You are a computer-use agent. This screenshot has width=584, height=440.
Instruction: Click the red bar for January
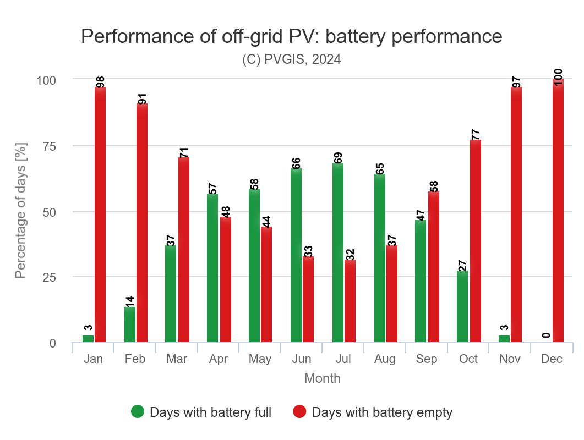(x=100, y=215)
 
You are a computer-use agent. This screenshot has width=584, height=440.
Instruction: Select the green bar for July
(x=338, y=252)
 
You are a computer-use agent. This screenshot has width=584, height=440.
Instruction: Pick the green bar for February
(x=130, y=324)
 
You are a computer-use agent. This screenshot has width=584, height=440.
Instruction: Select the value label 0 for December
(x=546, y=335)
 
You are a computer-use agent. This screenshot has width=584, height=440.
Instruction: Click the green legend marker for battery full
(x=138, y=411)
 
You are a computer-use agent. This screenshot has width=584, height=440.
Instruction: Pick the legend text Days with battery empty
(x=381, y=412)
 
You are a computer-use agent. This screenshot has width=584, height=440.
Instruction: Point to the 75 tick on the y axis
(x=49, y=146)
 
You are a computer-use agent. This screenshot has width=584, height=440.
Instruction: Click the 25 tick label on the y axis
(x=49, y=277)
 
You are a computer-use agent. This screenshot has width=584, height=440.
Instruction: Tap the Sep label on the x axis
(x=427, y=359)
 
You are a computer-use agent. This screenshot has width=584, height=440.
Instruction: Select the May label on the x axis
(x=260, y=359)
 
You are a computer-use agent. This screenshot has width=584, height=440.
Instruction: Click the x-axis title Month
(x=322, y=378)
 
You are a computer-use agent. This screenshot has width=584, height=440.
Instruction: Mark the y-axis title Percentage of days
(x=20, y=210)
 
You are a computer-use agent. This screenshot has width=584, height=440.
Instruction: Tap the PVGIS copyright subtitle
(x=292, y=59)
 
